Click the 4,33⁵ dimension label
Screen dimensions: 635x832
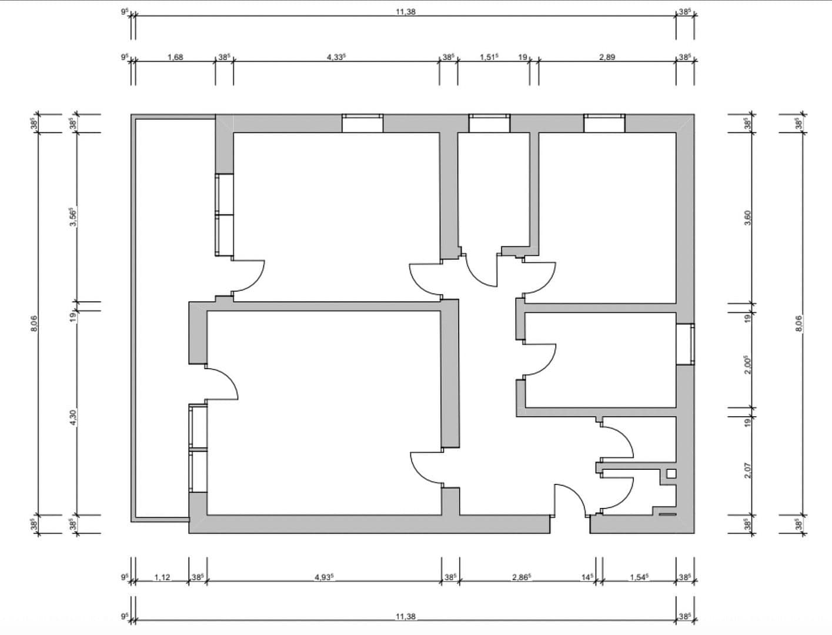click(x=336, y=57)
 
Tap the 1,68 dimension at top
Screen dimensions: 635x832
click(x=175, y=57)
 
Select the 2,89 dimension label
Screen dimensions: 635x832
click(x=607, y=57)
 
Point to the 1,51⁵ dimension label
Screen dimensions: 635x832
click(x=489, y=57)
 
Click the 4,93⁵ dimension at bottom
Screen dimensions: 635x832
click(x=324, y=577)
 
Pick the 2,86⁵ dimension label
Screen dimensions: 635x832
click(x=522, y=577)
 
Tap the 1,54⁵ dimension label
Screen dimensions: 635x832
click(x=639, y=577)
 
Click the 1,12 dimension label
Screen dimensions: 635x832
click(x=162, y=577)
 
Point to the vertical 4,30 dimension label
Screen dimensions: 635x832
click(x=73, y=417)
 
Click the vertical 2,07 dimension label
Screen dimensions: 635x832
click(x=748, y=470)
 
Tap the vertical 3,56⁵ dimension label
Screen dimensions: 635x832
click(x=73, y=218)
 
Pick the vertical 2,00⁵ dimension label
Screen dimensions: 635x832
click(x=748, y=365)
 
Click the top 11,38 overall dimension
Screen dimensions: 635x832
click(x=406, y=12)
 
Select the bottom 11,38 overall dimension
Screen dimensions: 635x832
click(x=406, y=616)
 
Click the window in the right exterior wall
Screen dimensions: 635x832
click(x=685, y=344)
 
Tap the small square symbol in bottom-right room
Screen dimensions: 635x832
click(x=671, y=473)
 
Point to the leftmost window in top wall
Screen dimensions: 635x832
click(x=363, y=123)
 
